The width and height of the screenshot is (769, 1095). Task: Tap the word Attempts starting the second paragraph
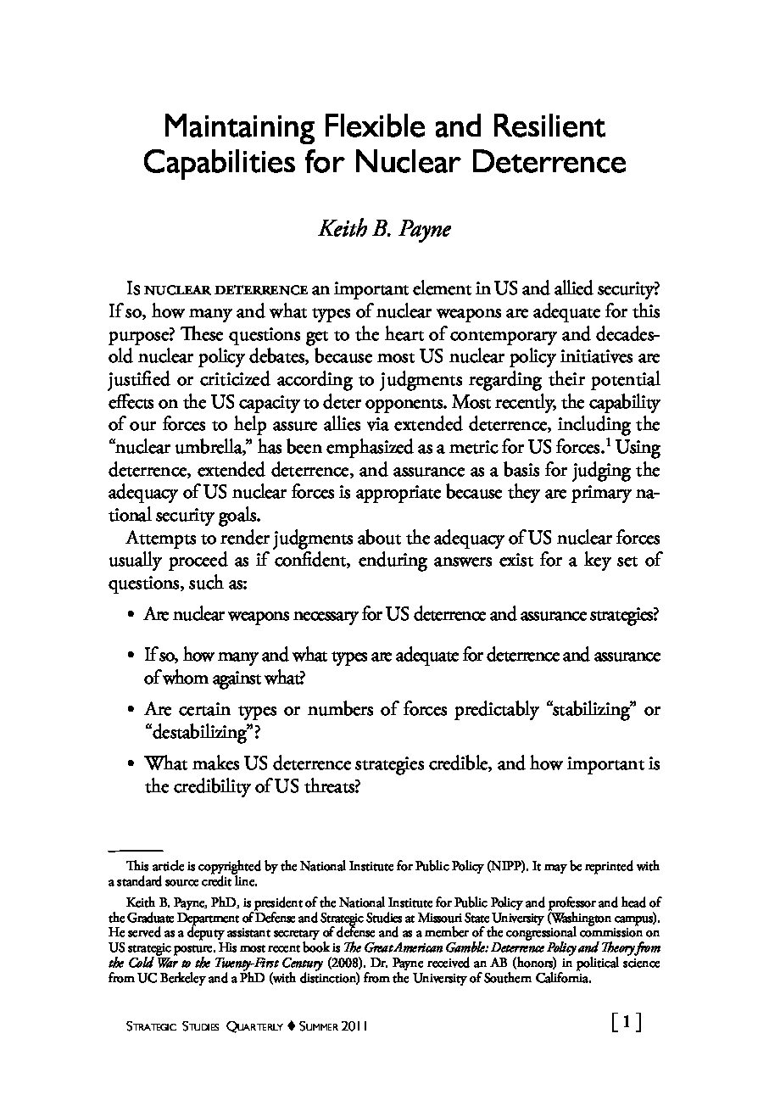pyautogui.click(x=157, y=539)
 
